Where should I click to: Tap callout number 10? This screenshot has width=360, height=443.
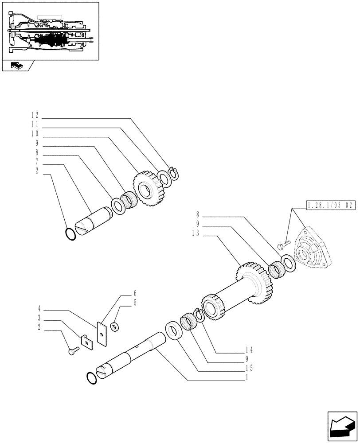(35, 133)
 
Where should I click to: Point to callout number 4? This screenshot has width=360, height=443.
(39, 307)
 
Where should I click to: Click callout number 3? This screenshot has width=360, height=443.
(39, 318)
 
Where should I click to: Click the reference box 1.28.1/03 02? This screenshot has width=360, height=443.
(331, 205)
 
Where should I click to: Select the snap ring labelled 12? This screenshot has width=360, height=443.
(173, 175)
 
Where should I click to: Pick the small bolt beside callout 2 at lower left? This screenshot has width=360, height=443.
(74, 351)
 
